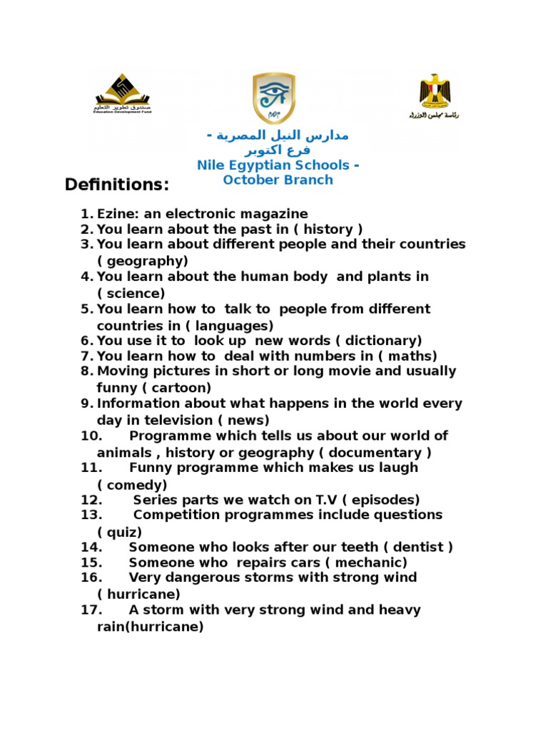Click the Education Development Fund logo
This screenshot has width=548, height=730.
123,94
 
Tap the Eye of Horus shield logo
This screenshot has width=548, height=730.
274,98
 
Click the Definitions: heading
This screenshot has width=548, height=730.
117,185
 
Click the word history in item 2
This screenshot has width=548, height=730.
329,230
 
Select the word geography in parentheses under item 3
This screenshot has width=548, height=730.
143,261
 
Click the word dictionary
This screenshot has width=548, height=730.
384,341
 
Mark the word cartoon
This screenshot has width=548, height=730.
180,389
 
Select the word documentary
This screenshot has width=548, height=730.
379,453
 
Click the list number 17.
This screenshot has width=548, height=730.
92,610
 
